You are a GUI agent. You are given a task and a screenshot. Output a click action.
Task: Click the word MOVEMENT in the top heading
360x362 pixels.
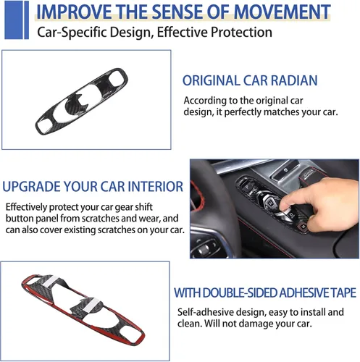click(x=282, y=12)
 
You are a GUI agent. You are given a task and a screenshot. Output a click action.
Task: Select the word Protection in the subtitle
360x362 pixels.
click(x=241, y=33)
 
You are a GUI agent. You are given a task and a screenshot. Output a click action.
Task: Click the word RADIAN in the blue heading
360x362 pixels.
click(x=294, y=80)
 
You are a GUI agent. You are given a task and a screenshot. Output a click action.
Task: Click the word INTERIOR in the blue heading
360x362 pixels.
click(x=156, y=187)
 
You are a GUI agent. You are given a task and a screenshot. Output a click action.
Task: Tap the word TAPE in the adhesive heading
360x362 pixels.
click(x=343, y=292)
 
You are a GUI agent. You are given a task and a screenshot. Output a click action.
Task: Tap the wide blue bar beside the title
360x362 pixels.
click(x=13, y=20)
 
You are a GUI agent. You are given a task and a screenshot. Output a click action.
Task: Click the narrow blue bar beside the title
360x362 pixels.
click(x=26, y=20)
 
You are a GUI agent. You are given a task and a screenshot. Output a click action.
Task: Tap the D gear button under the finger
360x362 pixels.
click(x=290, y=214)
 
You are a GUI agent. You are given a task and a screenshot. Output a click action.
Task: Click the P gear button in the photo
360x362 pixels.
click(x=247, y=187)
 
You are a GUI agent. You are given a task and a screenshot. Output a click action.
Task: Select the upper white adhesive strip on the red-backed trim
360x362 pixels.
click(x=51, y=280)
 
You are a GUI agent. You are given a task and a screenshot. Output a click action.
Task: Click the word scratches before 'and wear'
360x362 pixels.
click(x=101, y=219)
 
